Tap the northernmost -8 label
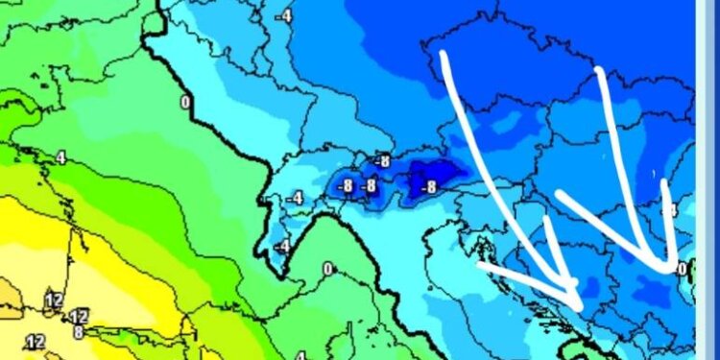click(x=383, y=161)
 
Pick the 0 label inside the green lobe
click(x=327, y=269)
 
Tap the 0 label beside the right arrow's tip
click(x=682, y=270)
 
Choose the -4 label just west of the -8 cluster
click(x=294, y=199)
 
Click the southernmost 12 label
click(x=36, y=342)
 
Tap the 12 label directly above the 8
click(x=79, y=316)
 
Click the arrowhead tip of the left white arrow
click(x=578, y=306)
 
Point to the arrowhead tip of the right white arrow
click(x=670, y=269)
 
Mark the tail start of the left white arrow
click(x=444, y=53)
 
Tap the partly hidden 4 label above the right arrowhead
click(x=674, y=208)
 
